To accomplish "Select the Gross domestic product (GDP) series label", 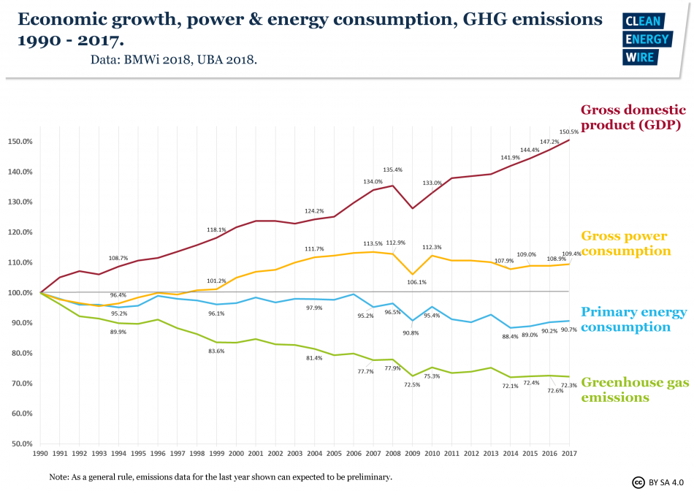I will [x=633, y=118].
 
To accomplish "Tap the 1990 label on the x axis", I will [x=40, y=454].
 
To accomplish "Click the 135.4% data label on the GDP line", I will [x=392, y=170].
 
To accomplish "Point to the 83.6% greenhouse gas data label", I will [x=216, y=351].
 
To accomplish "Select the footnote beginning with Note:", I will [x=221, y=476].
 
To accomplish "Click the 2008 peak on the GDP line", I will [x=393, y=186].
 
